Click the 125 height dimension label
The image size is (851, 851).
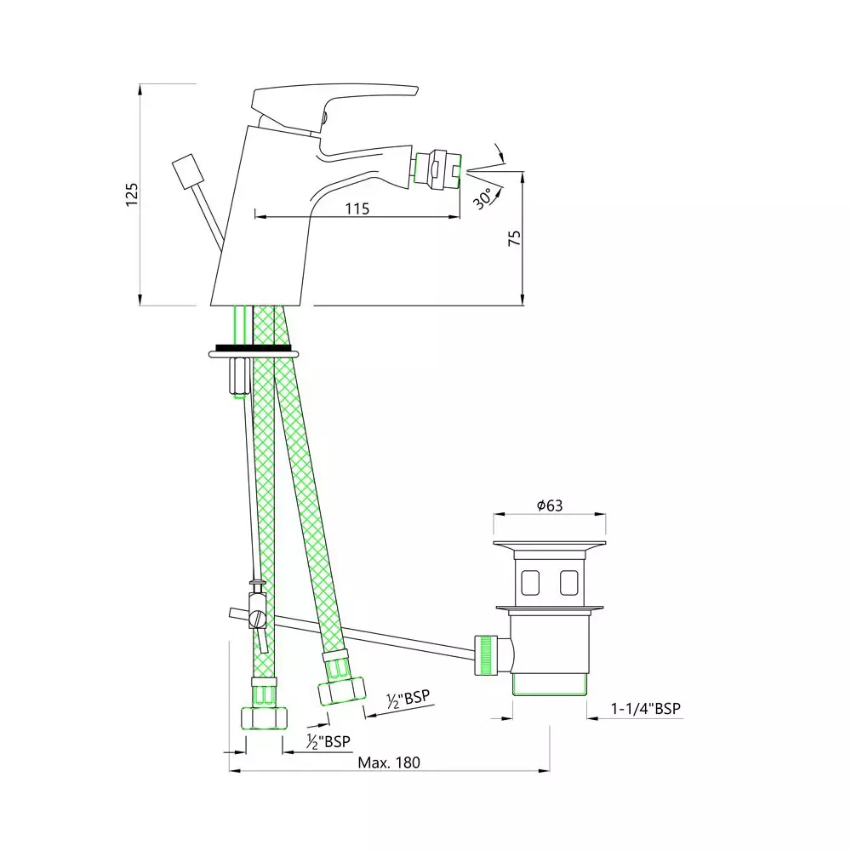point(132,194)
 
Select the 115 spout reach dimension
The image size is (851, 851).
point(357,208)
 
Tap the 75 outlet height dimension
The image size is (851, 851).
point(514,237)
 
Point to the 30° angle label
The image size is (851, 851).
point(483,198)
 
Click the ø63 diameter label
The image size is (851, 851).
point(550,505)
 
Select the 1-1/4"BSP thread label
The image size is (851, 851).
point(645,708)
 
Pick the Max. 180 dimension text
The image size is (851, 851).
point(389,762)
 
